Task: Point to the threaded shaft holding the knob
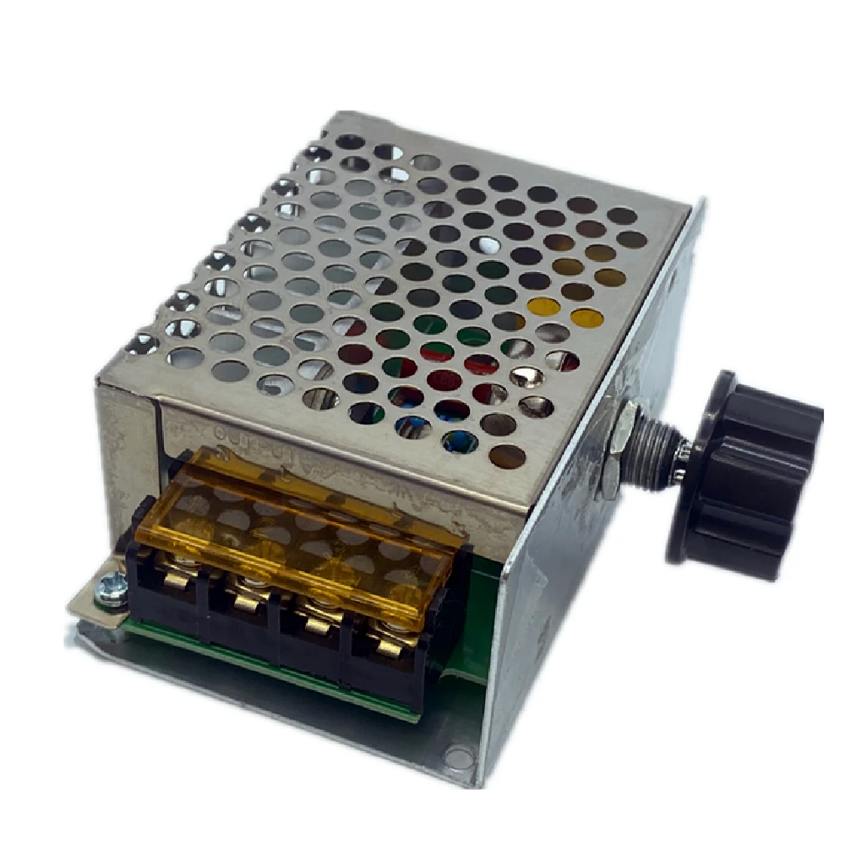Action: coord(655,461)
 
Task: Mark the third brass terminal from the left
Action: coord(317,625)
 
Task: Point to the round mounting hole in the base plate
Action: coord(457,757)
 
